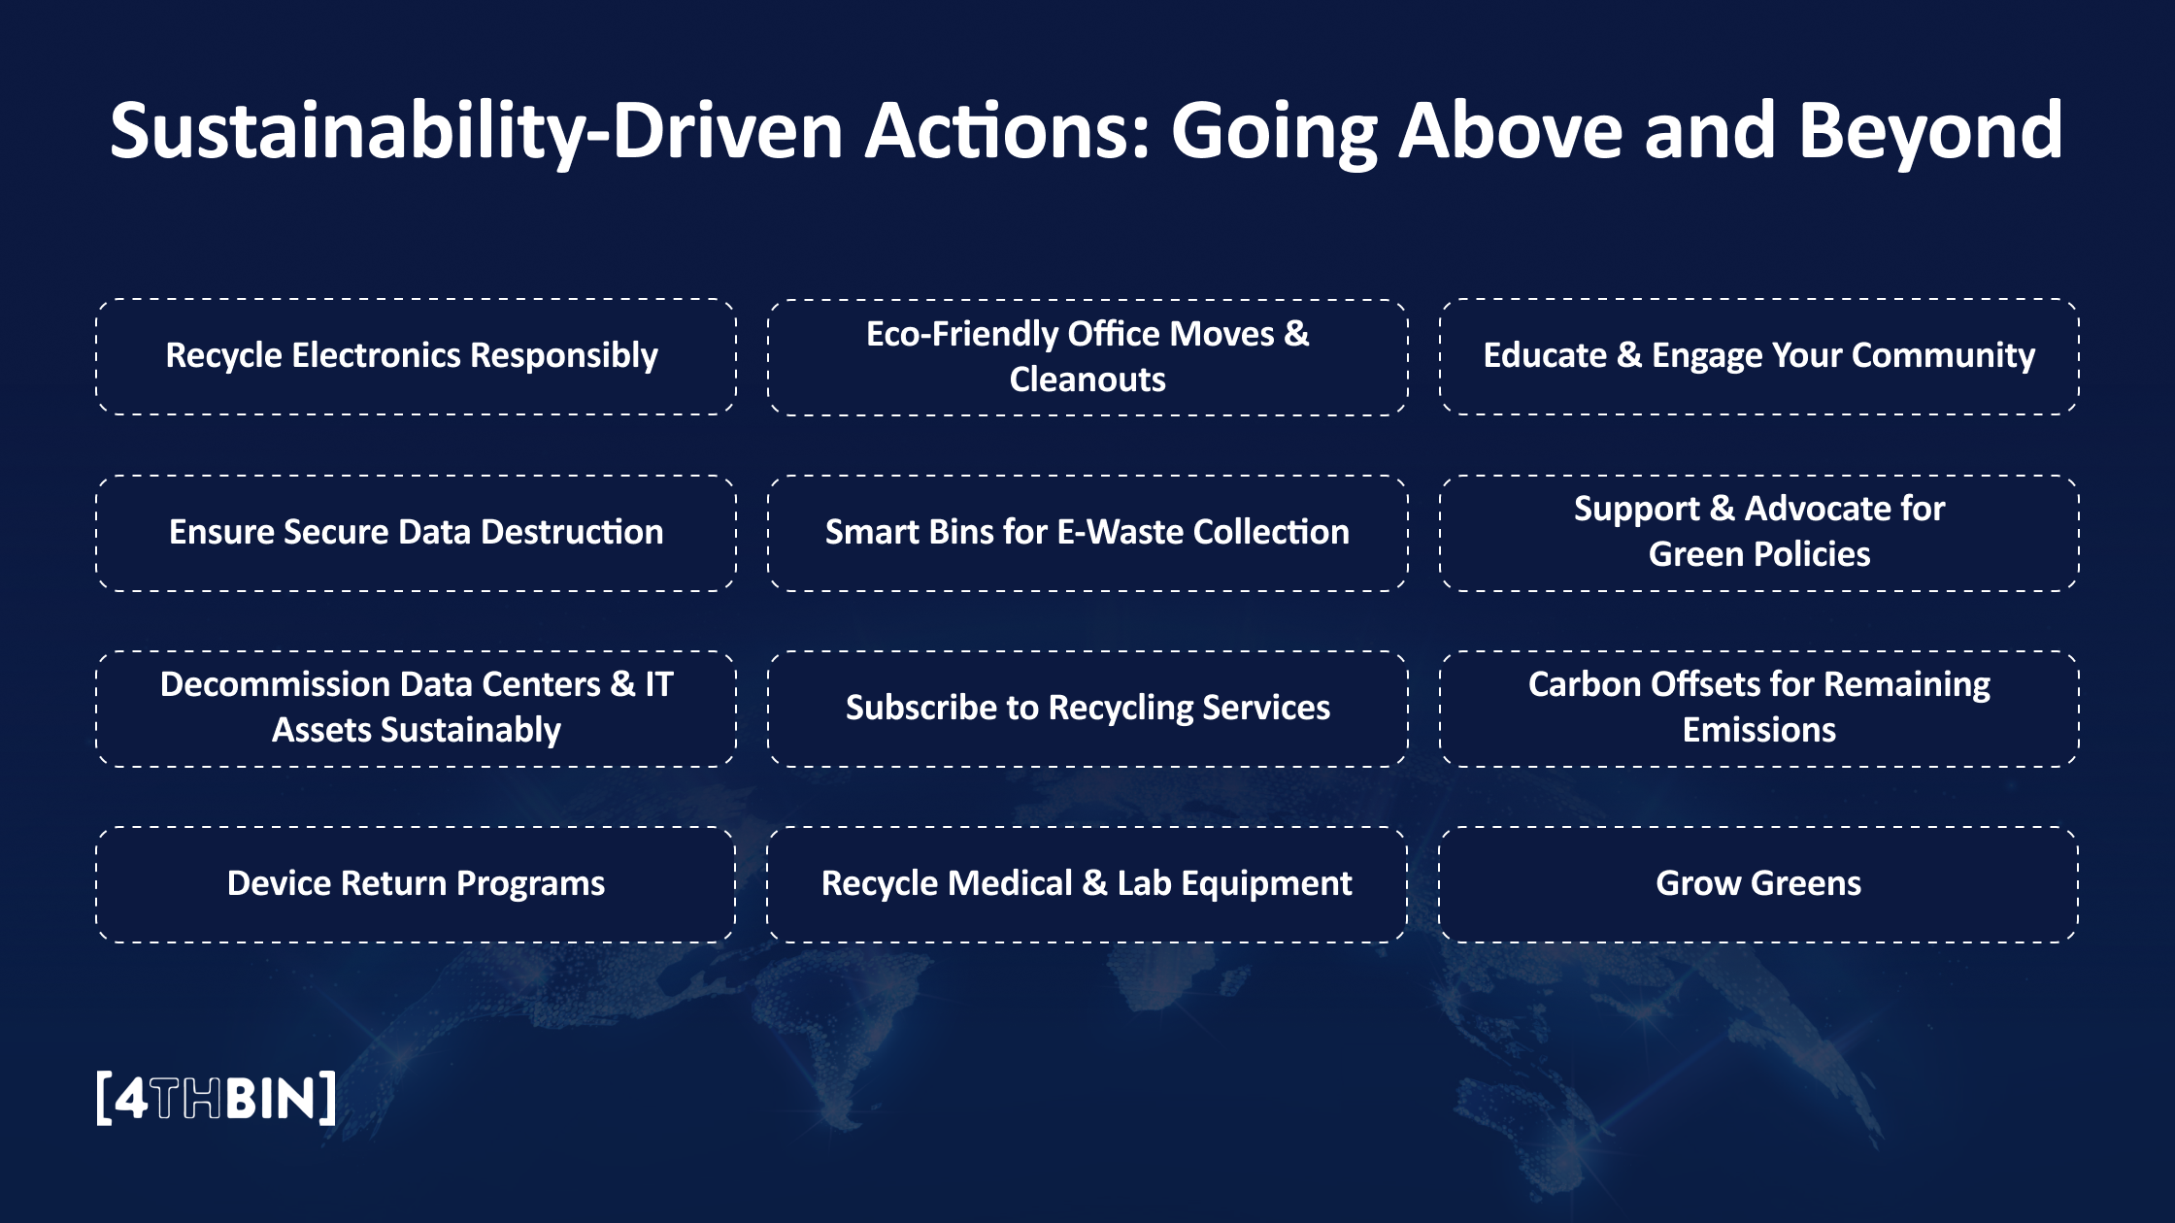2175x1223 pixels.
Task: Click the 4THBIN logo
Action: (217, 1098)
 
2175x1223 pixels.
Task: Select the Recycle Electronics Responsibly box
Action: (416, 356)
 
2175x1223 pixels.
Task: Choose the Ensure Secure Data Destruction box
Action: (416, 533)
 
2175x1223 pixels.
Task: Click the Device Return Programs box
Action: (416, 884)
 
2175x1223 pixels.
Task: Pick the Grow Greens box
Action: (1758, 884)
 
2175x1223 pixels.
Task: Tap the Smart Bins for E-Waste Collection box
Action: (1087, 533)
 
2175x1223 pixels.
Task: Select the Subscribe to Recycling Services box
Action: (1087, 709)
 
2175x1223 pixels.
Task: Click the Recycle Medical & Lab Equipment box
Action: (1087, 884)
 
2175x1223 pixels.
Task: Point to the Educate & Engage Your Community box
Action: (1758, 356)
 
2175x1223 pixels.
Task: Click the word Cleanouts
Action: (1087, 380)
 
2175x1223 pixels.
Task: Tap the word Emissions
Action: (1758, 730)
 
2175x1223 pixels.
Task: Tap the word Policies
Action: (1812, 554)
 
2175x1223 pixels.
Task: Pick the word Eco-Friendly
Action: (961, 335)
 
